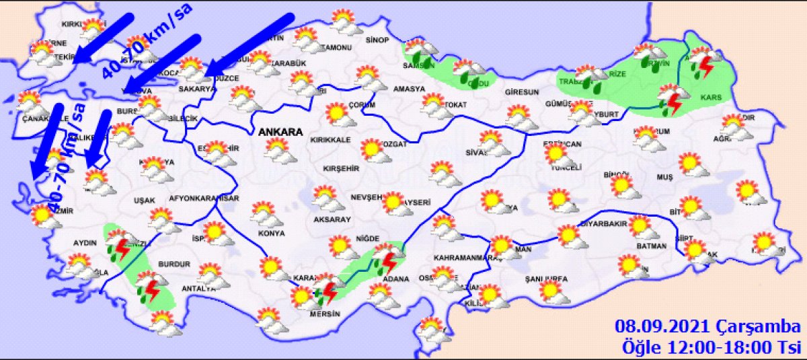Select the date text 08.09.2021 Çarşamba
tap(707, 327)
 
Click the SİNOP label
tap(377, 40)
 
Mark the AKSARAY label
tap(330, 219)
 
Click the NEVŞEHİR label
tap(367, 197)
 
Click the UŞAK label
tap(145, 200)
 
